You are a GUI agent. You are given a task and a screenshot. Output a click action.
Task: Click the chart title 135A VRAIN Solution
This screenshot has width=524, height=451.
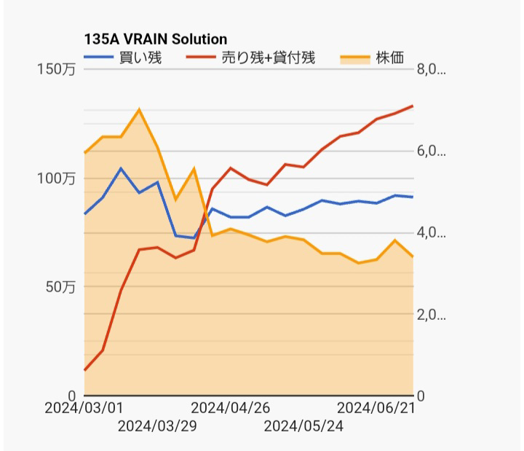point(156,39)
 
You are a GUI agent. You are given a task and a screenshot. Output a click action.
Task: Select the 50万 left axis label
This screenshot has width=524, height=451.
point(59,287)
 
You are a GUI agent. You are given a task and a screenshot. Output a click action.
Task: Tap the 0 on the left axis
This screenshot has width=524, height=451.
point(71,396)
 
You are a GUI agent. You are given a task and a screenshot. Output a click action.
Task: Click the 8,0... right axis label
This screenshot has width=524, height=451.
point(431,70)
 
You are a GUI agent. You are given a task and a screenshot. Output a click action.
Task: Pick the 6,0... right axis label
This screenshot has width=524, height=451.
point(431,152)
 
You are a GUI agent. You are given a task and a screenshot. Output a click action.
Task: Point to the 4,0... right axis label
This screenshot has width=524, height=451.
point(431,233)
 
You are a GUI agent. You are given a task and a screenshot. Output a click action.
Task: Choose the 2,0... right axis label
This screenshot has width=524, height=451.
point(431,315)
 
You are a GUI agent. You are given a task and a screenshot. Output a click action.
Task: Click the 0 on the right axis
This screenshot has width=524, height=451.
point(421,396)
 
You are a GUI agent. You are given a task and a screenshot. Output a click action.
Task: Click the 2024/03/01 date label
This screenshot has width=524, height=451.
point(84,408)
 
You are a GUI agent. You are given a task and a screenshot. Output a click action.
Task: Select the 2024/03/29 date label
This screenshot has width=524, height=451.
point(157,425)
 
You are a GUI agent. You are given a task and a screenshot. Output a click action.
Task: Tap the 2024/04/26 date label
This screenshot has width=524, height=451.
point(231,408)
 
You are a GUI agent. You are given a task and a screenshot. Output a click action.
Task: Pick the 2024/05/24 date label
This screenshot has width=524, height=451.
point(303,425)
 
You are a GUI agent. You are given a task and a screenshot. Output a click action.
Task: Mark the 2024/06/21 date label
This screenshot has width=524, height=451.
point(376,408)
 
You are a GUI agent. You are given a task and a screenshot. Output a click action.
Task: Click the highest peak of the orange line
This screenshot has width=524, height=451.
point(139,109)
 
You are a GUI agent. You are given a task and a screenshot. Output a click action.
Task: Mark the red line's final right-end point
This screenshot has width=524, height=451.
point(413,106)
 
